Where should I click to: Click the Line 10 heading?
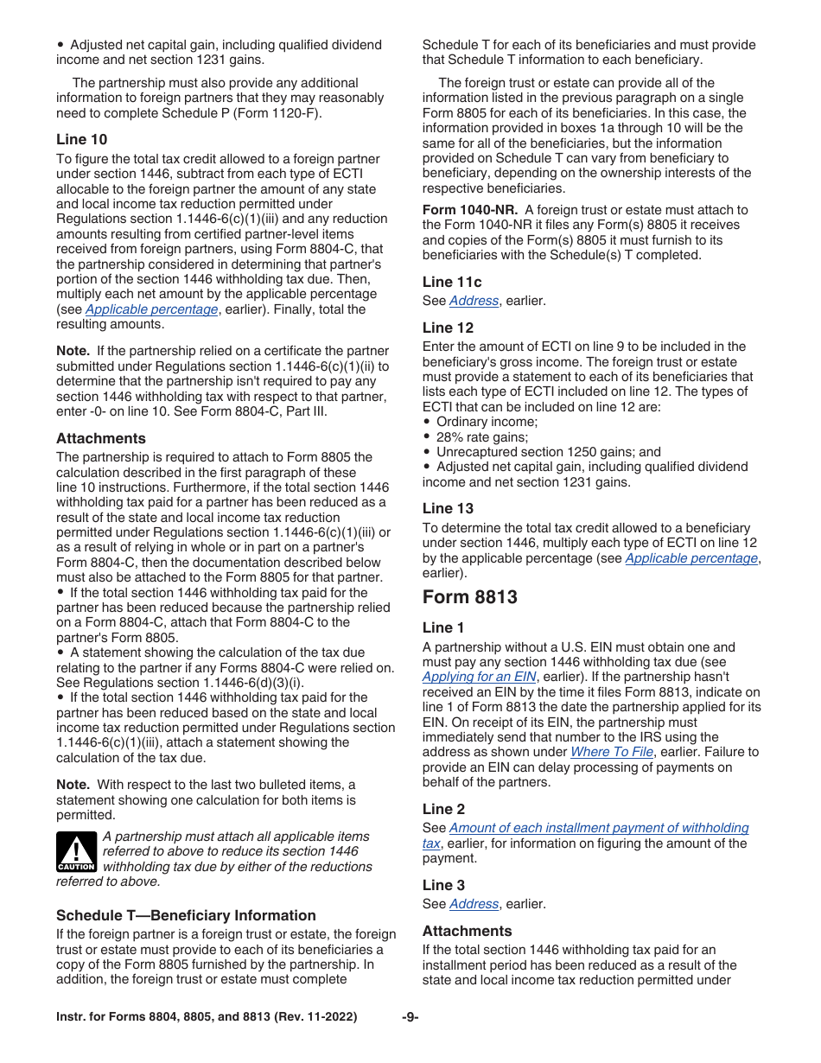(81, 139)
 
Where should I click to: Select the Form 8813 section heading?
(469, 597)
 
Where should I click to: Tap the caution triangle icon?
(75, 852)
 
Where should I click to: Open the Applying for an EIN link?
(479, 677)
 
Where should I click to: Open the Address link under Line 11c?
(474, 301)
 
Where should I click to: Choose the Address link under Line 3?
(474, 904)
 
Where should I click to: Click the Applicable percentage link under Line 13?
(691, 558)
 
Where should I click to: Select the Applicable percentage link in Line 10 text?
(151, 309)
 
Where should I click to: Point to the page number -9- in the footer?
(410, 1017)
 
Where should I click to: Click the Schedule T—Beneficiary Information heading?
(186, 915)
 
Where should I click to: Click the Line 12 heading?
(448, 328)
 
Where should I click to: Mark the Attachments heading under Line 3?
(467, 931)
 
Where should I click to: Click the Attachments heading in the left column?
(101, 438)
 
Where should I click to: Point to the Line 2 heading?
(443, 809)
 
